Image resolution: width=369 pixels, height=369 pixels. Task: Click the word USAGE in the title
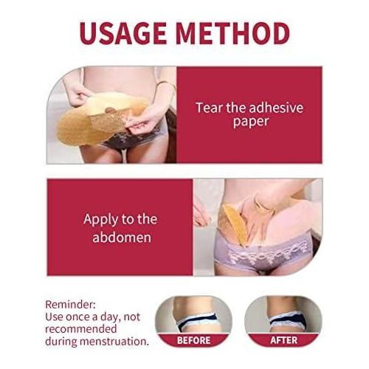(123, 33)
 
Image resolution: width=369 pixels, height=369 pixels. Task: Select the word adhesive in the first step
(277, 108)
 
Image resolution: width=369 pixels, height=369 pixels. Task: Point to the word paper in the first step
(251, 122)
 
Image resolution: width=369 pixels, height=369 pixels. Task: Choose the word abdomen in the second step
(122, 237)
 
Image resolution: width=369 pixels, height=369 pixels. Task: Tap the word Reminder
(70, 305)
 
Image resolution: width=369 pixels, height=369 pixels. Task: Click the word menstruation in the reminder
(114, 342)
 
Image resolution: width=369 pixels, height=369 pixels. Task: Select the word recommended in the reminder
(81, 330)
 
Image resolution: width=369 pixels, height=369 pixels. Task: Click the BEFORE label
(193, 340)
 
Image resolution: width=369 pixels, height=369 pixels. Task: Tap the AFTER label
(284, 340)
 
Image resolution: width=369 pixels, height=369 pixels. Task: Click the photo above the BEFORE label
(193, 314)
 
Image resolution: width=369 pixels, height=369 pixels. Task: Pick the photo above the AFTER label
(283, 314)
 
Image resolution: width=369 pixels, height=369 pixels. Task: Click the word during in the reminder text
(61, 342)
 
